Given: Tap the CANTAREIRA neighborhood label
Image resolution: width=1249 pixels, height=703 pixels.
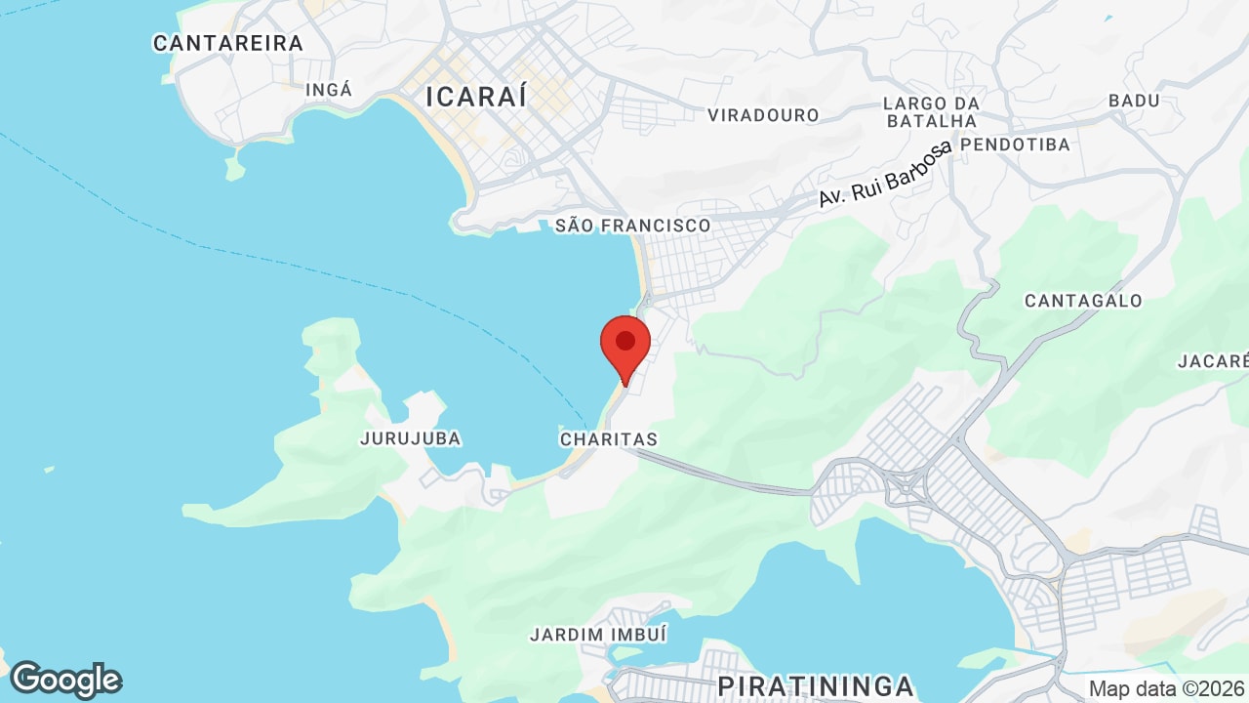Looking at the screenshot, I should [x=228, y=43].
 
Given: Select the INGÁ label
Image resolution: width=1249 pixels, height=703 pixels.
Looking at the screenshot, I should [x=329, y=90].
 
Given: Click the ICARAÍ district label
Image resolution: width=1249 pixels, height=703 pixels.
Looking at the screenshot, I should [x=476, y=97].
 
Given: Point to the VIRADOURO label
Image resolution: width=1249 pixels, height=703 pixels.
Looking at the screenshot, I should [x=763, y=115].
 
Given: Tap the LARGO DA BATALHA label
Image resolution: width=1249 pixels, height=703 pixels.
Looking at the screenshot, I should [x=930, y=111].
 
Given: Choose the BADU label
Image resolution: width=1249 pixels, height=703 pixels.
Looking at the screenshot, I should [x=1134, y=101].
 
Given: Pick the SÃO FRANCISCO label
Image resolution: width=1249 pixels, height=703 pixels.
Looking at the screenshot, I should [x=633, y=226].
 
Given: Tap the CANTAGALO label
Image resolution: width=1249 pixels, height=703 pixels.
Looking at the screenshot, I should [x=1083, y=301].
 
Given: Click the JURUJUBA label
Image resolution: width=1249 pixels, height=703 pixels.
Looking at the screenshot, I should [x=410, y=438].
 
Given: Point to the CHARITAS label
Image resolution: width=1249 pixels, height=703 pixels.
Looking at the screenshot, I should [x=609, y=439].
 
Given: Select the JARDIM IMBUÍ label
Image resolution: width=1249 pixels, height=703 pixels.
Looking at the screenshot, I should [x=598, y=635].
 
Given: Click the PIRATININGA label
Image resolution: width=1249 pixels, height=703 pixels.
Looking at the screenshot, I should [x=816, y=685].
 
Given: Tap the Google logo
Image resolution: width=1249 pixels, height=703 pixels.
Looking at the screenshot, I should [x=65, y=680].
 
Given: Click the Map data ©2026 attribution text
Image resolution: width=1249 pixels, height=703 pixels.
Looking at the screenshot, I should [x=1167, y=688].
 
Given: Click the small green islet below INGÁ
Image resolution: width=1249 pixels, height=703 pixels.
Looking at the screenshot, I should [x=234, y=168].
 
